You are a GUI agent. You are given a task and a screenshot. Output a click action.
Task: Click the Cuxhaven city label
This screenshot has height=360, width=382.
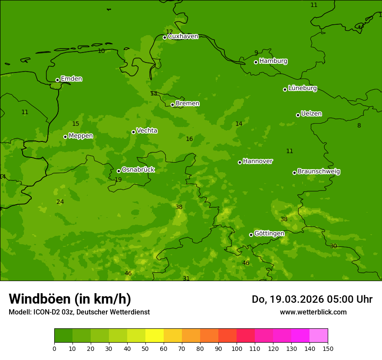pos(183,36)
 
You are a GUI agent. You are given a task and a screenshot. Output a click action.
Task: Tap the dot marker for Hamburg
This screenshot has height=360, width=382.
pos(256,62)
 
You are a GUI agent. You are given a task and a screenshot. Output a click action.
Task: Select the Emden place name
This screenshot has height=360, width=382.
pos(71,79)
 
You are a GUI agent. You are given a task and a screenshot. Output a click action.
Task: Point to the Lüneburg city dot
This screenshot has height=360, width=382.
pos(285,89)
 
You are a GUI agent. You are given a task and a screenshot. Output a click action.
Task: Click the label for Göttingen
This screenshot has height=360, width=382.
pos(269,234)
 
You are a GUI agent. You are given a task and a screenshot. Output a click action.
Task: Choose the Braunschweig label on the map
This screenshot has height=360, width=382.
pos(319,172)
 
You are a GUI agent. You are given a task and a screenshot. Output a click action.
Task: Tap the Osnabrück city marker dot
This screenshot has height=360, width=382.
pos(119,171)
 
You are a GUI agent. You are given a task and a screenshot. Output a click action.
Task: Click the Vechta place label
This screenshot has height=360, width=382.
pos(147,131)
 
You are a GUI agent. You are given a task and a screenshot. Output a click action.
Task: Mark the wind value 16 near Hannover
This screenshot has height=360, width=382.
pos(189,139)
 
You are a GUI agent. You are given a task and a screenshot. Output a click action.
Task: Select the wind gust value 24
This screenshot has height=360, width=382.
pos(60,202)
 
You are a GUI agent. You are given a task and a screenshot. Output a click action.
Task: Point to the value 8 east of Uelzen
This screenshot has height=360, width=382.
pos(359,126)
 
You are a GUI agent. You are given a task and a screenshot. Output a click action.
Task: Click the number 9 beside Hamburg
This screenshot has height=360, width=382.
pos(256,53)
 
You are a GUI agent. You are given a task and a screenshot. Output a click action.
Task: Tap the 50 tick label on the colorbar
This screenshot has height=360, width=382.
pos(145,349)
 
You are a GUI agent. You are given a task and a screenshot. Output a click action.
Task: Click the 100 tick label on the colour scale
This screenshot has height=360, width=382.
pos(237,349)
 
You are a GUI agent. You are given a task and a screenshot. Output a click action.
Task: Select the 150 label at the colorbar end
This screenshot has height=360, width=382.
pos(328,349)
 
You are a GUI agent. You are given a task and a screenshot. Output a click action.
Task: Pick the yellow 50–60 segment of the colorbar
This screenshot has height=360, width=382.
pos(155,336)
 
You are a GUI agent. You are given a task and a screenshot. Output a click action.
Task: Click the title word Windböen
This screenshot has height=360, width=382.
pos(40,299)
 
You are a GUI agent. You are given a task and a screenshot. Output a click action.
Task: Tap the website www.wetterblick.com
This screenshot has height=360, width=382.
pos(313,312)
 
